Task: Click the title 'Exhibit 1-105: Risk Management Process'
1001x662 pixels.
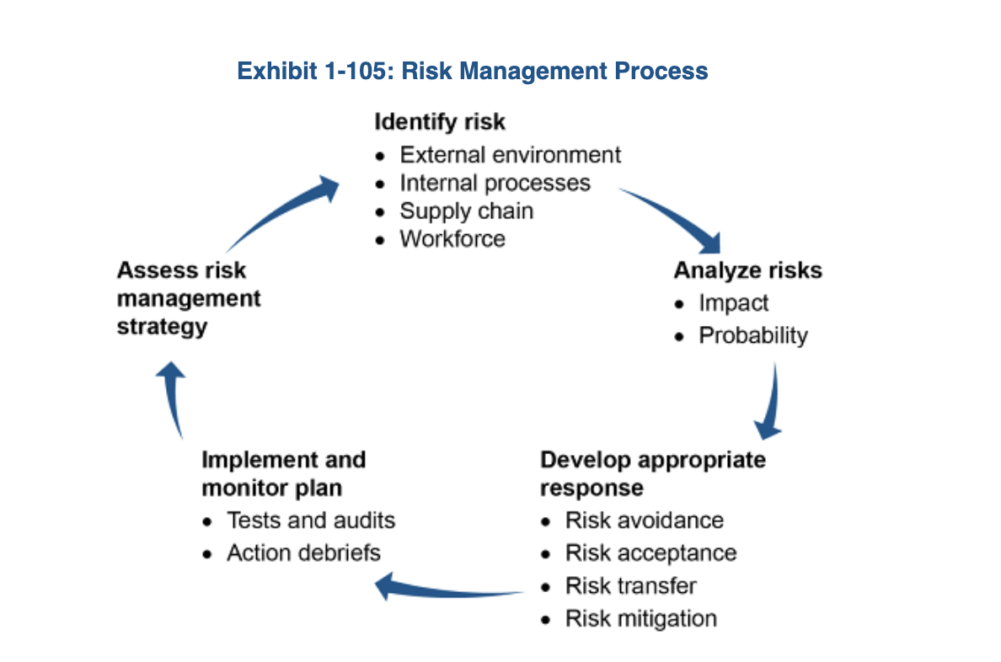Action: pos(472,71)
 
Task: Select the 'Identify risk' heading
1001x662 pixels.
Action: pos(440,122)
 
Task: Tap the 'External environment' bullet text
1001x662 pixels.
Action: pos(510,155)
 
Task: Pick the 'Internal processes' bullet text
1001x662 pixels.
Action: pos(495,183)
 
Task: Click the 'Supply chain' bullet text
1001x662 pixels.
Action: pos(466,211)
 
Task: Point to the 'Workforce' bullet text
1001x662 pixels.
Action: pos(452,238)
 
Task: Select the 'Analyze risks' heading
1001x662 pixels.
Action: pos(747,270)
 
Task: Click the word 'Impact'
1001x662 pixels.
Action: pos(733,302)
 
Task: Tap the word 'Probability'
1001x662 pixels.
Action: pos(752,335)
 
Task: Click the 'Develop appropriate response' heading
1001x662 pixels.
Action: pos(652,473)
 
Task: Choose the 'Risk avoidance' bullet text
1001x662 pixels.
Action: pos(644,520)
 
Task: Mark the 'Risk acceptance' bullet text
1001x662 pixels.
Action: pos(650,553)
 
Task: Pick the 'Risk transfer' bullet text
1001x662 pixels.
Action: pos(630,585)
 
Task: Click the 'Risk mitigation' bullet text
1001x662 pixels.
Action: pos(640,618)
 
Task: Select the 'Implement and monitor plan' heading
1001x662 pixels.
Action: pos(283,473)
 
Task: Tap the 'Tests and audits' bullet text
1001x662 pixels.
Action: pos(310,520)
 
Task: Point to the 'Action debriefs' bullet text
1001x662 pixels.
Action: pos(303,553)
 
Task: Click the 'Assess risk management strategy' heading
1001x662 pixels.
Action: pos(189,298)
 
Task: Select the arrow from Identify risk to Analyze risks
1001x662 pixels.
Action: pos(674,216)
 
